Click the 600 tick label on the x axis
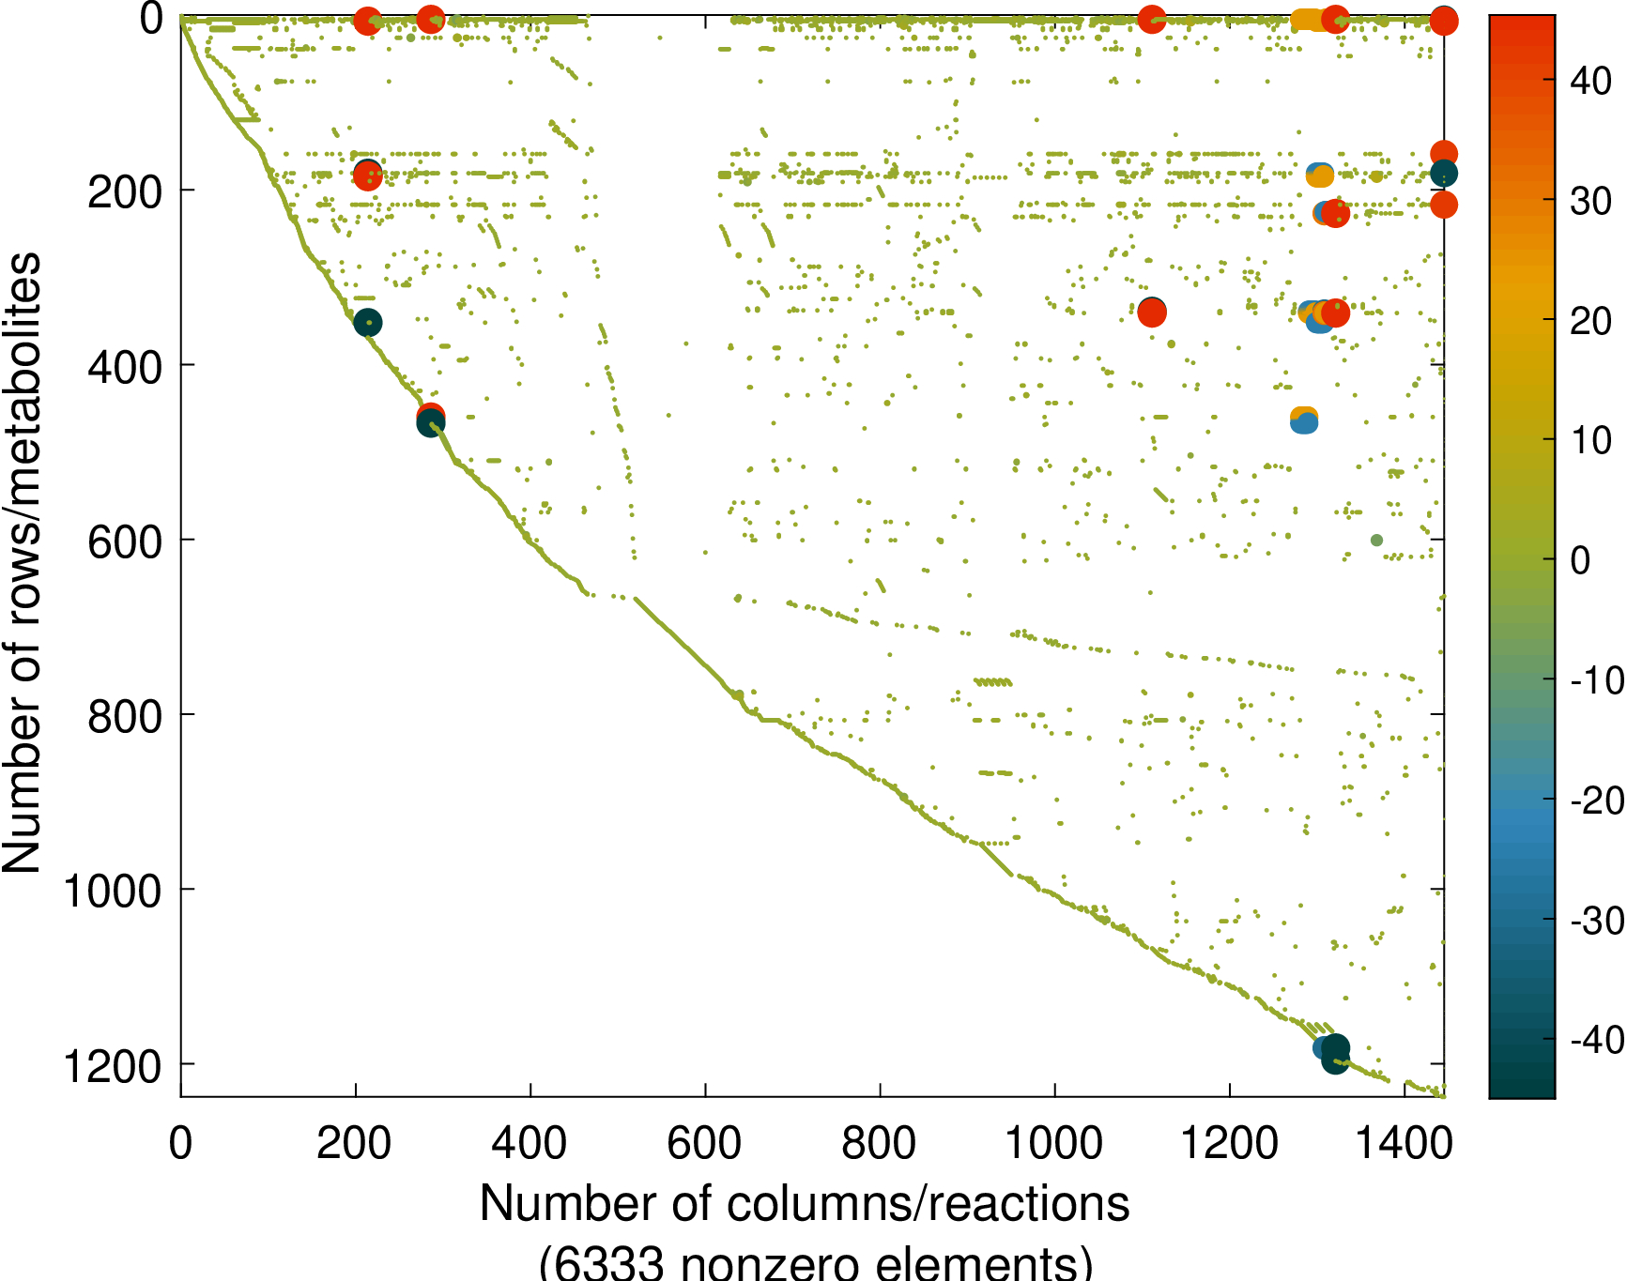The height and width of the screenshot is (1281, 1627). (704, 1143)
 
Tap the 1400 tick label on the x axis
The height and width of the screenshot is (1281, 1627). (1404, 1143)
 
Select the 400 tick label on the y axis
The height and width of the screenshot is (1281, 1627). (125, 366)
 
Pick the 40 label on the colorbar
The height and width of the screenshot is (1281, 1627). (1591, 82)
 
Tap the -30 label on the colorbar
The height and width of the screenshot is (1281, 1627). (1597, 921)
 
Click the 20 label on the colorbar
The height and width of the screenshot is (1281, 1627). (1591, 321)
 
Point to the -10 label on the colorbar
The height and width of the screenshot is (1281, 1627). (1597, 680)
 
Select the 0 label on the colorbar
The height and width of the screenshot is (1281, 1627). (1581, 561)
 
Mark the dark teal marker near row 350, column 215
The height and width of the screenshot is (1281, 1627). (368, 323)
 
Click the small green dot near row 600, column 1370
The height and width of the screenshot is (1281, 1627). (1376, 540)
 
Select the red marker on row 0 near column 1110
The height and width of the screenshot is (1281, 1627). (1152, 20)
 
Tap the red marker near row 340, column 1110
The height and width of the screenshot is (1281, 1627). (1152, 313)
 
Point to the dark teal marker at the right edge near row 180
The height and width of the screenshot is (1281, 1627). (1444, 173)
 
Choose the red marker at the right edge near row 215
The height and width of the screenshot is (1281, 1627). (1444, 205)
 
